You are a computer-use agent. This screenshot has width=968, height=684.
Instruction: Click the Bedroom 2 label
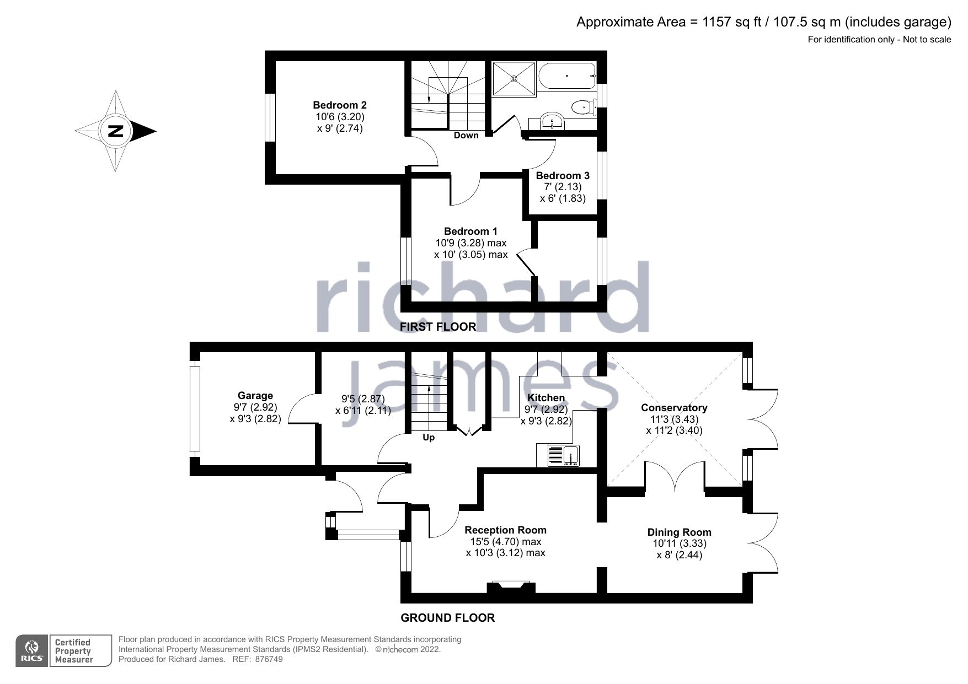click(x=340, y=105)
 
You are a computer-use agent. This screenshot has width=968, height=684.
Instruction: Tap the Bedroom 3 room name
click(x=563, y=176)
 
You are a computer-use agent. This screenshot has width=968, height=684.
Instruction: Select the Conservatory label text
click(x=674, y=408)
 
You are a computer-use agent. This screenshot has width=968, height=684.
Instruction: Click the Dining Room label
click(x=679, y=532)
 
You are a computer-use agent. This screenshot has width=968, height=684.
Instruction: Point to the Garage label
click(x=255, y=396)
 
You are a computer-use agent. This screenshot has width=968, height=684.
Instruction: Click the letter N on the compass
click(x=116, y=131)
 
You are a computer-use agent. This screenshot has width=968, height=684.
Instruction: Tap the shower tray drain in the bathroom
click(x=514, y=79)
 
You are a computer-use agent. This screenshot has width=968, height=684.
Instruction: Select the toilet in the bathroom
click(x=582, y=106)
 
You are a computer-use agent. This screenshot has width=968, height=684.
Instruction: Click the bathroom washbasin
click(x=552, y=121)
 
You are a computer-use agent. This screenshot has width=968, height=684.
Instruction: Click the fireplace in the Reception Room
click(x=511, y=587)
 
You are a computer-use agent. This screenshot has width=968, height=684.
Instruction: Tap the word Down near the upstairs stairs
click(x=466, y=136)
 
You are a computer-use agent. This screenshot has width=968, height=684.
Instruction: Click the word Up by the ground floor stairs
click(x=429, y=438)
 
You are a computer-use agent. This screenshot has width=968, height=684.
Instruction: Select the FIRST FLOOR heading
click(x=438, y=327)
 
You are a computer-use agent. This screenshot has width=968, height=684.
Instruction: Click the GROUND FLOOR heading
click(x=447, y=618)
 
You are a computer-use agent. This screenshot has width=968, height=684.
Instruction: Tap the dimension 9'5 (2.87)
click(x=363, y=399)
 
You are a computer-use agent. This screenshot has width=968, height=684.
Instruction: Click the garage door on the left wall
click(x=194, y=408)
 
